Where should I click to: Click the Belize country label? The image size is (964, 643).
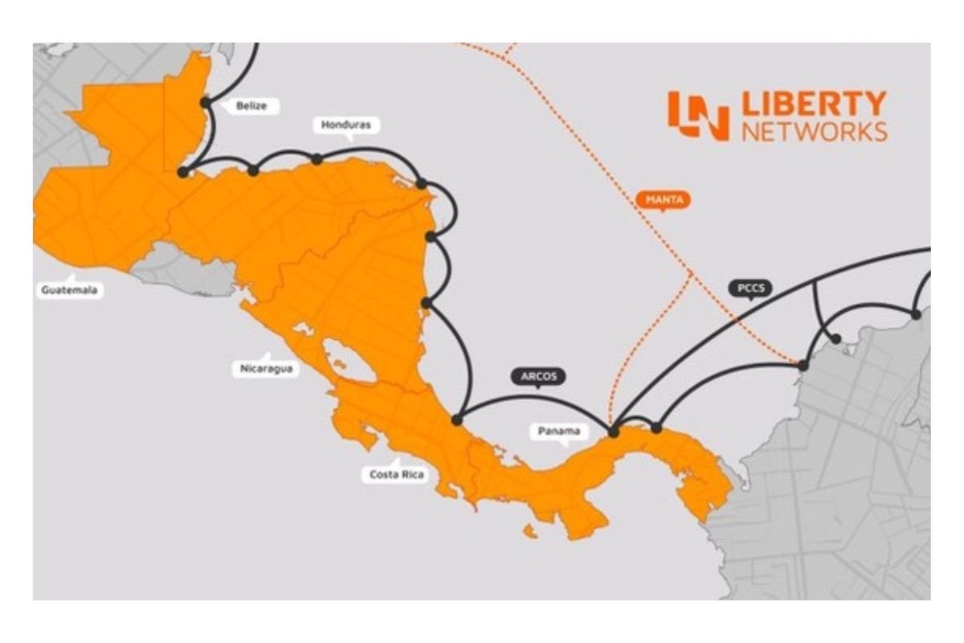coord(251,105)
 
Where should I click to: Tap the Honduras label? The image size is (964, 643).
coord(346,125)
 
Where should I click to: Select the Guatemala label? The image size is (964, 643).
coord(68,290)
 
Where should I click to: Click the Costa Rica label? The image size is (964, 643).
coord(396,474)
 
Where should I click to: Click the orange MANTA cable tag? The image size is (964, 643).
coord(663,199)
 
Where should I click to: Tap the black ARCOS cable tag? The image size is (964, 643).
coord(538,375)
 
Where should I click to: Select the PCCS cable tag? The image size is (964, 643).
coord(749,288)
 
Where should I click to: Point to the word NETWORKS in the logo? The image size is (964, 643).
coord(813,131)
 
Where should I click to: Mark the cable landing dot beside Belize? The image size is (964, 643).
coord(206,103)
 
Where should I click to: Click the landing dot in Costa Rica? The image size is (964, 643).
coord(457,420)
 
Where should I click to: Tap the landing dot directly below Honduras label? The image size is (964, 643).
coord(317,159)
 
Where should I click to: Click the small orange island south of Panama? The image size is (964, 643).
coord(529,531)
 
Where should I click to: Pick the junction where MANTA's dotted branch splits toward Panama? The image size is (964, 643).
coord(691,273)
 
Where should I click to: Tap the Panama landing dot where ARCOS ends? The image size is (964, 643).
coord(614,432)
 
